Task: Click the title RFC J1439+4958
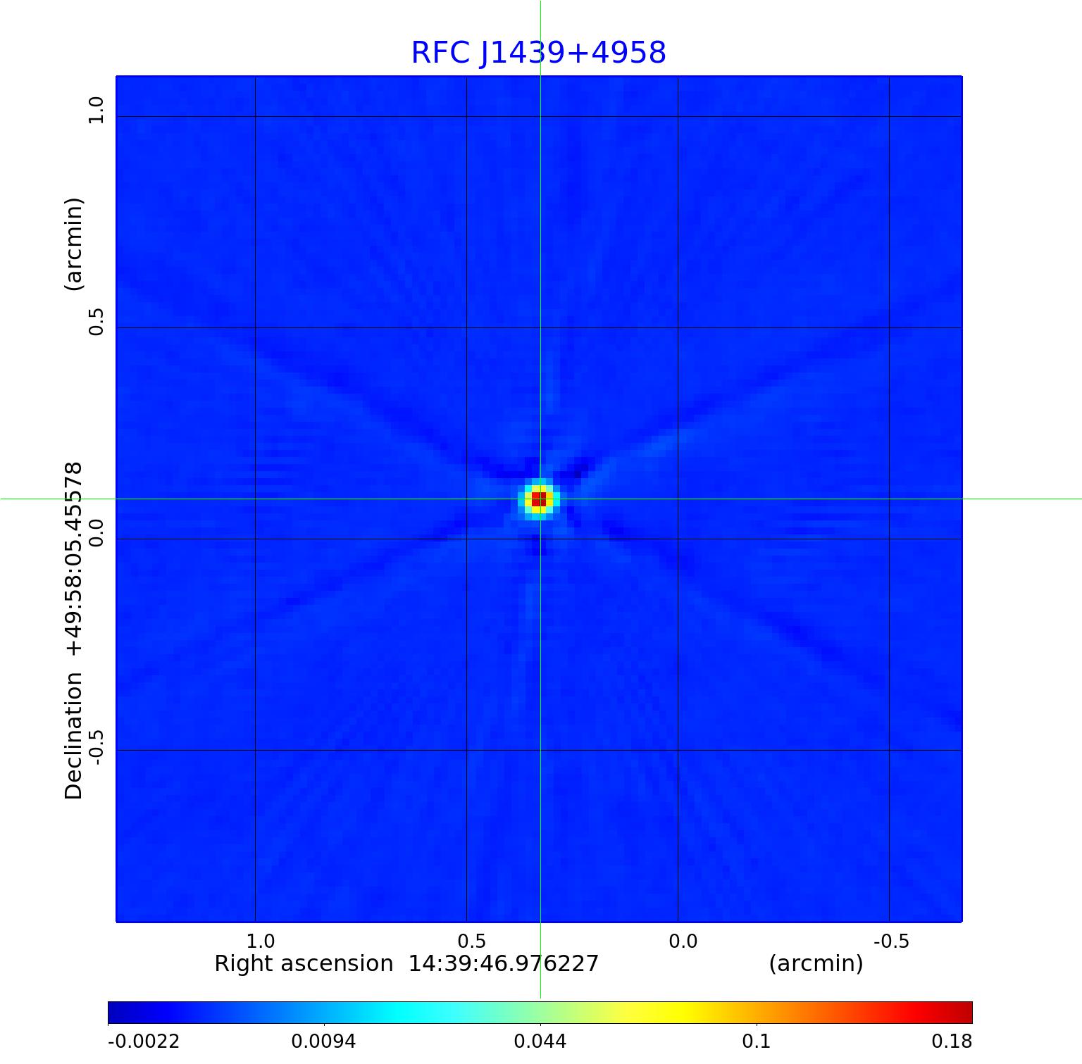tap(538, 53)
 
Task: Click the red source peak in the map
tap(539, 499)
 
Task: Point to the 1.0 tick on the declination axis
tap(95, 111)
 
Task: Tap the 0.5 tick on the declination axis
tap(95, 322)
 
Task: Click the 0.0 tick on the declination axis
tap(95, 533)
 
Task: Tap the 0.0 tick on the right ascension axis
tap(683, 941)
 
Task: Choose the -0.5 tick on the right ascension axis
tap(891, 941)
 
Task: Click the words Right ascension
tap(304, 963)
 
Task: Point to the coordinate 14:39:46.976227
tap(504, 963)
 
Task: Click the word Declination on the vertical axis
tap(74, 736)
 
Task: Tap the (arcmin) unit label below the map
tap(816, 963)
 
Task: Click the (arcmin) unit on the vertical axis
tap(74, 244)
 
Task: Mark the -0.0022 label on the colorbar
tap(144, 1041)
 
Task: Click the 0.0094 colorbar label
tap(324, 1041)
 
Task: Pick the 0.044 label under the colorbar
tap(540, 1041)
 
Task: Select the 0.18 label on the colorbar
tap(952, 1041)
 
